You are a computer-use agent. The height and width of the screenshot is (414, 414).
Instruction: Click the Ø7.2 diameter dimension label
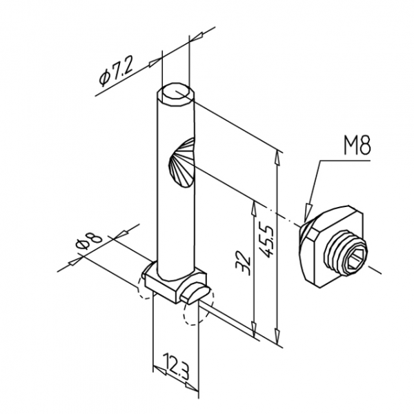coord(116,72)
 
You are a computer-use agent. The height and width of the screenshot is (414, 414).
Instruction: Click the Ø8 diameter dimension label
coord(89,241)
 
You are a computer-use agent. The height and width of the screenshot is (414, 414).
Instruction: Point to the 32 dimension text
coord(243,263)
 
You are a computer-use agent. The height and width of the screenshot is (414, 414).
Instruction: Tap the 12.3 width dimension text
coord(175,366)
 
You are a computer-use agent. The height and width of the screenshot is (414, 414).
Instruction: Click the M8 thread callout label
coord(357,145)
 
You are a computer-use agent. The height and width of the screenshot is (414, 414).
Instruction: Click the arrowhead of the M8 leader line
coord(307,212)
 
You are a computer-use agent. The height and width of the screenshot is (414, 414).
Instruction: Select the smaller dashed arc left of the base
coord(145,287)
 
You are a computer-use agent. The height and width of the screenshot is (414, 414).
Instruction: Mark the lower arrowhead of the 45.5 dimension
coord(277,336)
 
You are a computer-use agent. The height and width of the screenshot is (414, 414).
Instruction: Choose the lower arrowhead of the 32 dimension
coord(254,330)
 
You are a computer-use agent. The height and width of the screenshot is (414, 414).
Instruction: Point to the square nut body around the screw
coord(331,246)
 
